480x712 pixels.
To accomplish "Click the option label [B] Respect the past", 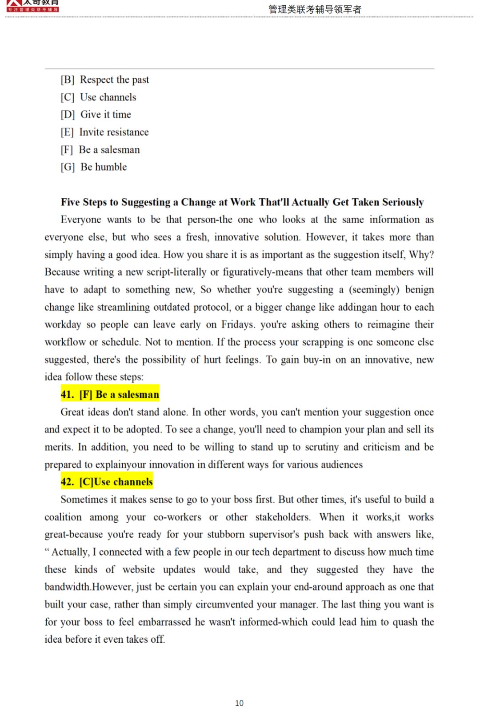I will click(x=105, y=80).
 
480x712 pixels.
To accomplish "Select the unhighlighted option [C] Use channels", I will click(x=99, y=97).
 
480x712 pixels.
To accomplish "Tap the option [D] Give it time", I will click(x=96, y=115).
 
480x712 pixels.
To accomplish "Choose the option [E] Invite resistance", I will click(x=105, y=132).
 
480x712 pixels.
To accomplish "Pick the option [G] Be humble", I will click(x=94, y=167).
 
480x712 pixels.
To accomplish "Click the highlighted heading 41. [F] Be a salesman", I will click(x=110, y=394).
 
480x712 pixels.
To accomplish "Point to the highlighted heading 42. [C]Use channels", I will click(x=107, y=482).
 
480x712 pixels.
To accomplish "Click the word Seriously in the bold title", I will click(x=403, y=202).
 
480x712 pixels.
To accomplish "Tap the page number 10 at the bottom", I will click(x=239, y=703).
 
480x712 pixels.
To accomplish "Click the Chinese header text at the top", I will click(x=315, y=9).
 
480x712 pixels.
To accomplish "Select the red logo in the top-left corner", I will click(x=32, y=6).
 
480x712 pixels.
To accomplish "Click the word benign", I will click(x=419, y=290).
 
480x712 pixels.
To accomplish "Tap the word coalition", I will click(x=63, y=517).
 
